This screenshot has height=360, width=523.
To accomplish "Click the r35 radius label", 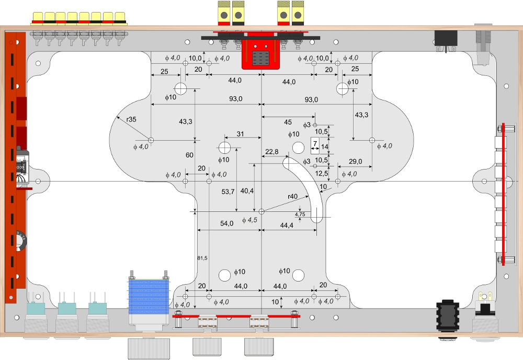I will tap(131, 119).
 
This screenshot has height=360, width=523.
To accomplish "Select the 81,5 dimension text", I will tap(202, 258).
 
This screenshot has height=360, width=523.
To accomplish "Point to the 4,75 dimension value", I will tap(300, 214).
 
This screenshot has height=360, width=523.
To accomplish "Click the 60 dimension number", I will tap(189, 155).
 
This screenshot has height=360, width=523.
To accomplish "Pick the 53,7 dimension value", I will tap(228, 192).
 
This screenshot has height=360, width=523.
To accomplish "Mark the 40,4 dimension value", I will tap(247, 191).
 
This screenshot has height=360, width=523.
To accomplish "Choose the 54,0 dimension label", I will tap(226, 223).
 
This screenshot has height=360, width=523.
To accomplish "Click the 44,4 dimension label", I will tap(287, 225).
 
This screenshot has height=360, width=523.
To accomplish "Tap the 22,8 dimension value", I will tap(272, 152).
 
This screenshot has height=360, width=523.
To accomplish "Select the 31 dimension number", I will tap(240, 134).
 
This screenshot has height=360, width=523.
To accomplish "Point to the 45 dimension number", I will tap(288, 122).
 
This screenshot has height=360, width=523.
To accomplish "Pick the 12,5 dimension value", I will tap(322, 173).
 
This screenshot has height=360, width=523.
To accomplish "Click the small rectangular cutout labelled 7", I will tap(315, 143).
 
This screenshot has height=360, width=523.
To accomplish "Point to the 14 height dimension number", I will tap(325, 147).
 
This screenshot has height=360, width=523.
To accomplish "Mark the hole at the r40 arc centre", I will tap(261, 211).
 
